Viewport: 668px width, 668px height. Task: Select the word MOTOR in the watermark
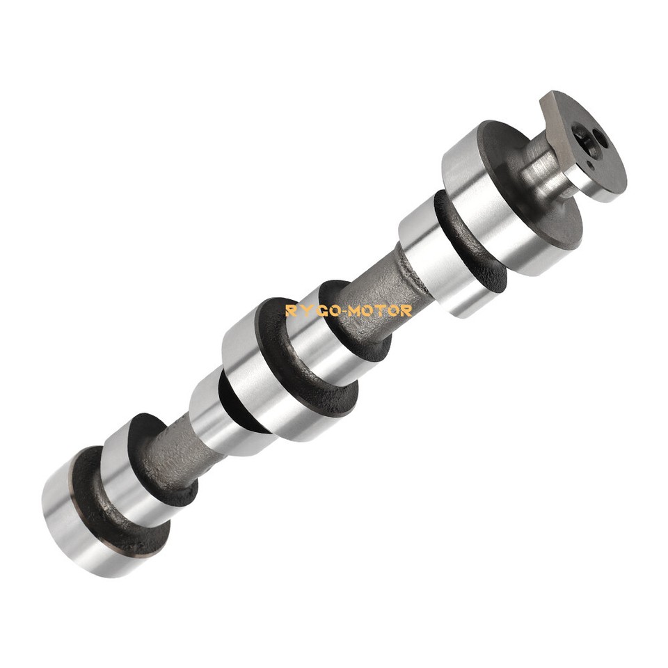point(380,310)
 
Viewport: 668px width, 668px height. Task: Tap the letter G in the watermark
point(320,310)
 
